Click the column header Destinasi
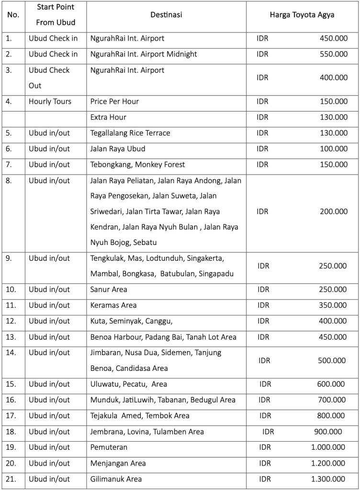(x=166, y=15)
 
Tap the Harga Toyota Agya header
(x=302, y=15)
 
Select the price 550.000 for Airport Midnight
(x=334, y=54)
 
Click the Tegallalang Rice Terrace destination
(x=130, y=133)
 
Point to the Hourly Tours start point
(x=50, y=101)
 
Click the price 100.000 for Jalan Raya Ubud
(x=334, y=149)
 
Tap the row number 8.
(x=10, y=180)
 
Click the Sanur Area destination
(x=109, y=290)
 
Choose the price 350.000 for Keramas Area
(x=333, y=305)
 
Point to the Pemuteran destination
(x=109, y=447)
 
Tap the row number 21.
(x=11, y=479)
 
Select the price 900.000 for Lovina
(x=328, y=432)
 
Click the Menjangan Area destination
(x=118, y=463)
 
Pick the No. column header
(x=13, y=15)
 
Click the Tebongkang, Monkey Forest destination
(x=137, y=165)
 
